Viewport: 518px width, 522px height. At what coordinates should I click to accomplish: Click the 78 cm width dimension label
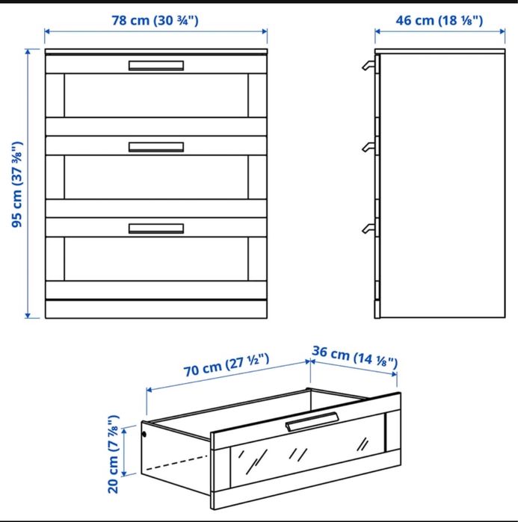(x=155, y=21)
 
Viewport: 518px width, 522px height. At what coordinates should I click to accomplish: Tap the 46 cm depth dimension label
(x=439, y=21)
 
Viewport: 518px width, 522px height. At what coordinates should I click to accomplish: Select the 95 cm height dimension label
(x=17, y=184)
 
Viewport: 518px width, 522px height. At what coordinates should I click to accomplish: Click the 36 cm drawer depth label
(x=355, y=357)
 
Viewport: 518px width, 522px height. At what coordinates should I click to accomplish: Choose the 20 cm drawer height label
(x=114, y=454)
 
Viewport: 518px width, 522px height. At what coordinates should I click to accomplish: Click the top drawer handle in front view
(x=156, y=66)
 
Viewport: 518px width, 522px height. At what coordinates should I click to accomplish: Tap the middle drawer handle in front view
(x=156, y=147)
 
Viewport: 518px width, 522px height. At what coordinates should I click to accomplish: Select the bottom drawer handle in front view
(x=156, y=229)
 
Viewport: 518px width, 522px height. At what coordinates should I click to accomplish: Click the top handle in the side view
(x=368, y=65)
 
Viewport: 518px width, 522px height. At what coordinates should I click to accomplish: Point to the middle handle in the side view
(x=368, y=147)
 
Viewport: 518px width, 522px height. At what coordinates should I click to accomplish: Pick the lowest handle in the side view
(x=368, y=229)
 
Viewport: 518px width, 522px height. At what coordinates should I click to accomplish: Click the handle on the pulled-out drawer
(x=312, y=421)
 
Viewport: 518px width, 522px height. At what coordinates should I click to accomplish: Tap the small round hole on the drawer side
(x=144, y=434)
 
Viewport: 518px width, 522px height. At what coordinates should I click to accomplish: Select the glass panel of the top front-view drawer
(x=156, y=95)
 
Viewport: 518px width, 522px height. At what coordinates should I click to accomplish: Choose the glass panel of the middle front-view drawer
(x=156, y=177)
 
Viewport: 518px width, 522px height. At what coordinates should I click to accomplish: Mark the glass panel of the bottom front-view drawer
(x=156, y=258)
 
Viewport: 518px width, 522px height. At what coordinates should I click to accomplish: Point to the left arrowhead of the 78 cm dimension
(x=47, y=31)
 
